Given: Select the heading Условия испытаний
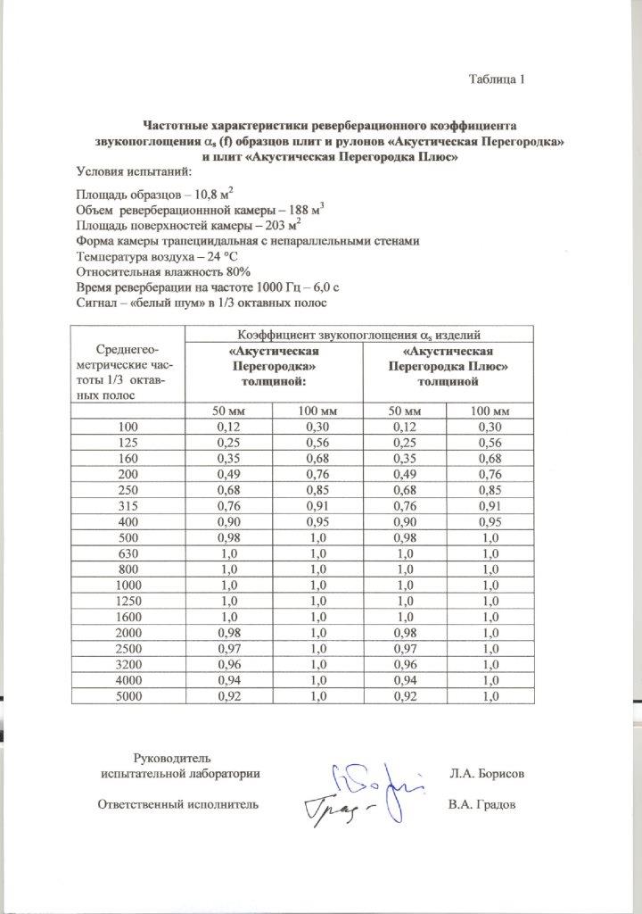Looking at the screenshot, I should [x=128, y=170].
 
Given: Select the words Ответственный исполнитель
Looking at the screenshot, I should [x=177, y=804].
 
